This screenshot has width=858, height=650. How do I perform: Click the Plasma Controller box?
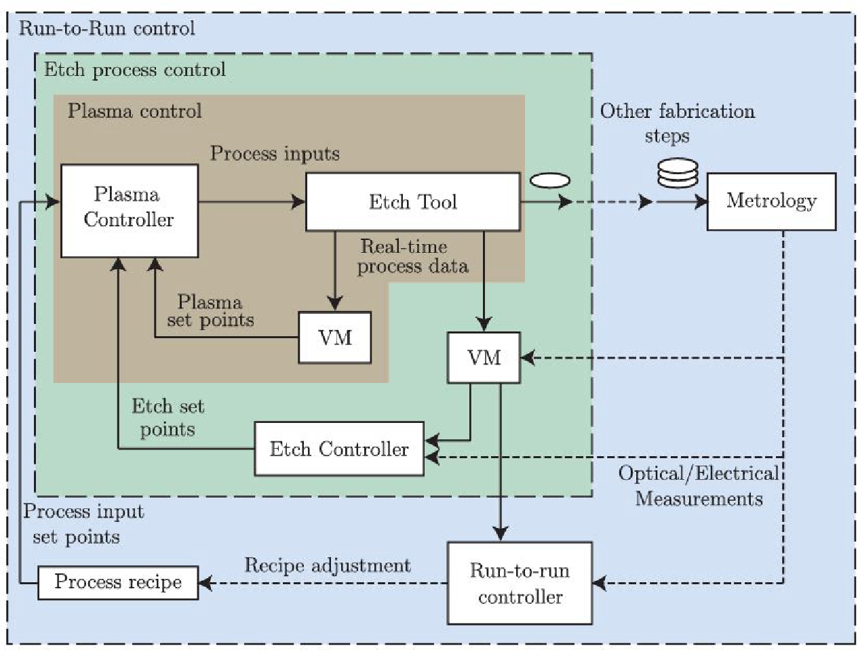click(130, 211)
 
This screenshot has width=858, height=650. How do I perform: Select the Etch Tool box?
click(413, 201)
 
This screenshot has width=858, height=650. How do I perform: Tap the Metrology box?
click(772, 201)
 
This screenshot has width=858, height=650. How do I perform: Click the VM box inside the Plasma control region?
click(334, 337)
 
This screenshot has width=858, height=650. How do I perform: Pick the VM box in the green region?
click(484, 357)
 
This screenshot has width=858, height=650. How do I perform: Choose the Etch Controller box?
click(339, 448)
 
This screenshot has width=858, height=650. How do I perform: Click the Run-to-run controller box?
click(520, 583)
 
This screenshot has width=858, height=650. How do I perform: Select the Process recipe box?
click(118, 582)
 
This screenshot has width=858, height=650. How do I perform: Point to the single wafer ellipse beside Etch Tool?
click(549, 180)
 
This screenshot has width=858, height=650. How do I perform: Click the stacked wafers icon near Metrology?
click(678, 173)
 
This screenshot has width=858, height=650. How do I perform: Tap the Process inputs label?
click(275, 153)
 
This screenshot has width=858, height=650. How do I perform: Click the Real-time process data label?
click(412, 256)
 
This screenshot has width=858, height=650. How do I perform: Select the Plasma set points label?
click(210, 310)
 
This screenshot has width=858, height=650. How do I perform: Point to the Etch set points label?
click(168, 418)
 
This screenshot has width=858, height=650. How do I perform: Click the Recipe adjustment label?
click(327, 565)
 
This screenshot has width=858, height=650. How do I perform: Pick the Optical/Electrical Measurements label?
click(699, 485)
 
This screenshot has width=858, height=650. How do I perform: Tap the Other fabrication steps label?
click(678, 123)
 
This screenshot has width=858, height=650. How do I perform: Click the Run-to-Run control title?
click(106, 28)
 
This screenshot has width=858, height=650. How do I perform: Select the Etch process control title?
click(134, 70)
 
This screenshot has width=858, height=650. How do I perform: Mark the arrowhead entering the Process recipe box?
click(206, 583)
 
